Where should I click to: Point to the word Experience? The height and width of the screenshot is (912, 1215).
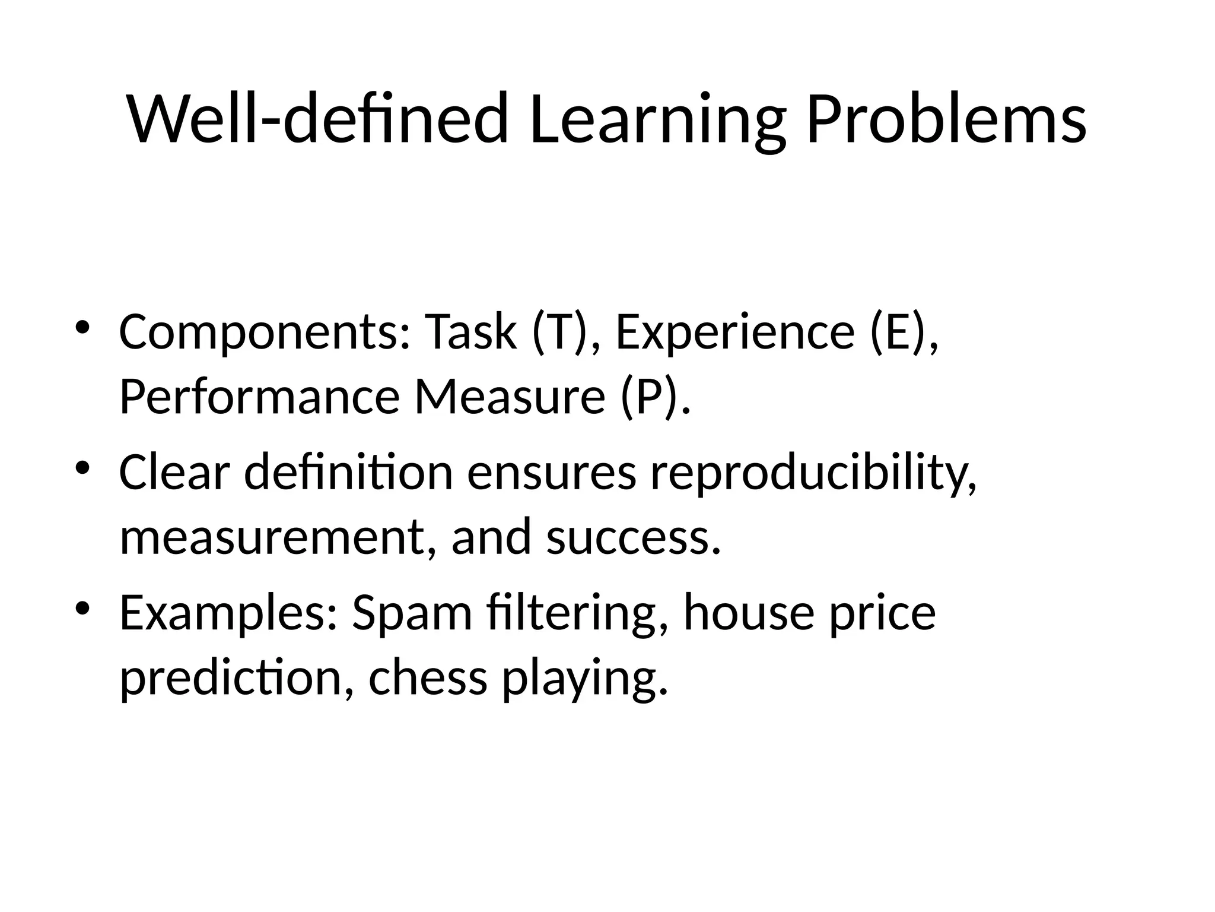pyautogui.click(x=735, y=332)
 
